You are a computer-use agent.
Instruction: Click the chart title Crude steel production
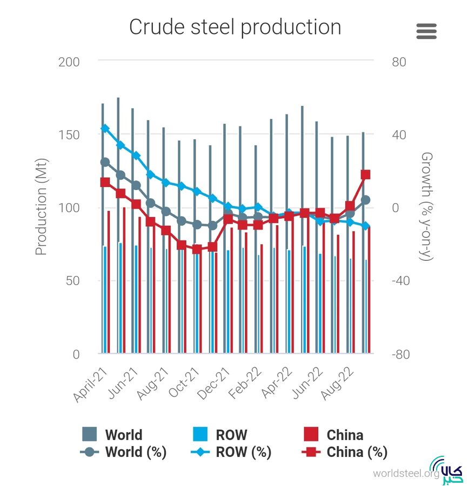[235, 27]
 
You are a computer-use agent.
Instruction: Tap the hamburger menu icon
[426, 31]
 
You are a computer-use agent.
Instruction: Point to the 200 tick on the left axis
[69, 62]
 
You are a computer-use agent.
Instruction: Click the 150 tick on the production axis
[69, 135]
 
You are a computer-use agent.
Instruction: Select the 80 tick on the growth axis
[399, 62]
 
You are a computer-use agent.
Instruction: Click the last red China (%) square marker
[366, 174]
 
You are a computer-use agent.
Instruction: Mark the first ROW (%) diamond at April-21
[105, 129]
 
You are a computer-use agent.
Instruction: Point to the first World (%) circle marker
[105, 162]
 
